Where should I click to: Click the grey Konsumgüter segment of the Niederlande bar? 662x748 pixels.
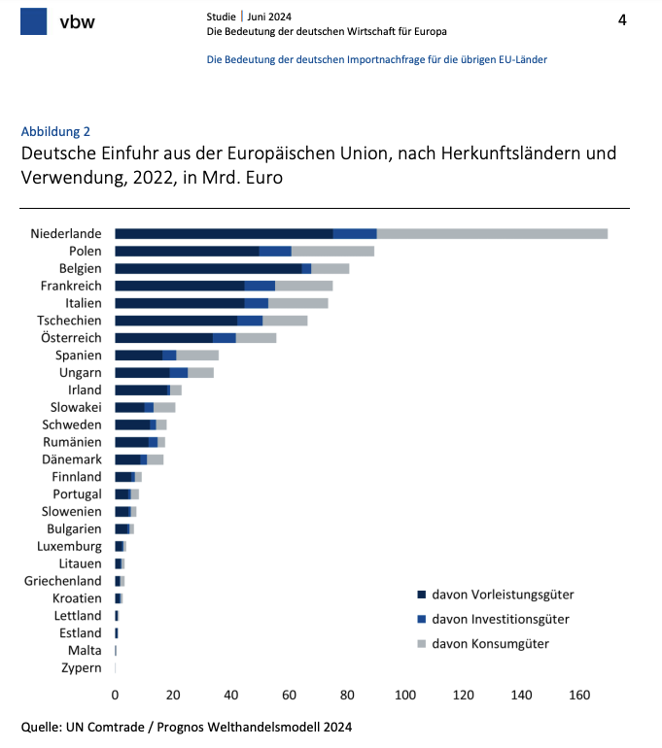coord(492,233)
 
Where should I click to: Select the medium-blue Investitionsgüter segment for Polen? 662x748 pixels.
coord(275,251)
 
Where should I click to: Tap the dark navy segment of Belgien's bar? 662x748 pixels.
coord(208,268)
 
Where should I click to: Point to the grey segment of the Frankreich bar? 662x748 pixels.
coord(304,286)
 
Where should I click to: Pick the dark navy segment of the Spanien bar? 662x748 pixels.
coord(138,356)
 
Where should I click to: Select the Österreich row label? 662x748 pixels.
coord(69,338)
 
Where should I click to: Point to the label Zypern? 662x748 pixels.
coord(81,668)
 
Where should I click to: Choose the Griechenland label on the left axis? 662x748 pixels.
coord(63,581)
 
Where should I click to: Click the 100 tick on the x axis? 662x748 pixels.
coord(405,695)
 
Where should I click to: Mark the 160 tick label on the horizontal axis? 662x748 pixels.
coord(579,695)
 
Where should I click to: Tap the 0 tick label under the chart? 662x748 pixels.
coord(116,695)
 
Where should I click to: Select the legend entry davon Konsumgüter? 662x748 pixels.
coord(490,644)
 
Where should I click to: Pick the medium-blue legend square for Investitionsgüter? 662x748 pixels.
coord(422,619)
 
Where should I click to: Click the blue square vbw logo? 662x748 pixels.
coord(34,20)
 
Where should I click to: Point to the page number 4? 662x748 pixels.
coord(622,20)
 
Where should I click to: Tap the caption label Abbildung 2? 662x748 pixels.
coord(55,131)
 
